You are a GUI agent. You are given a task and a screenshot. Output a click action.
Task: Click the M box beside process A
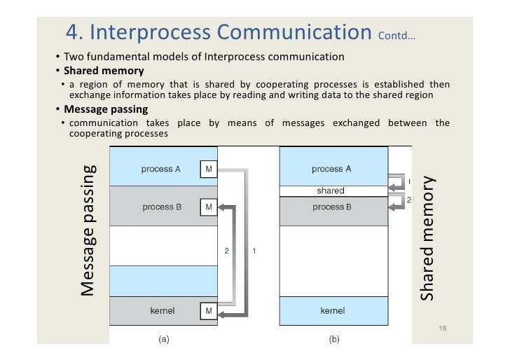point(209,169)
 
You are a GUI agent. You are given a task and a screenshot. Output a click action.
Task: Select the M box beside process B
point(209,207)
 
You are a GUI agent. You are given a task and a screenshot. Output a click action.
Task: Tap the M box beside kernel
point(209,310)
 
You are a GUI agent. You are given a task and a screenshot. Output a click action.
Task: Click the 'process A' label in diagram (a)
point(162,169)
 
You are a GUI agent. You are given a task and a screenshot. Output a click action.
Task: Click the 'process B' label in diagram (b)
point(332,207)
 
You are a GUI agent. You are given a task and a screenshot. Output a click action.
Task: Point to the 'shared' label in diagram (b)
point(331,191)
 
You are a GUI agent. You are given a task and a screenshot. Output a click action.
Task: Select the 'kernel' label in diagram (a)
point(163,310)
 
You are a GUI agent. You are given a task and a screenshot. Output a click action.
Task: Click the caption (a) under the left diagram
point(163,340)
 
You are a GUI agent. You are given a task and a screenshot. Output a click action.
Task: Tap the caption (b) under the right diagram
point(333,340)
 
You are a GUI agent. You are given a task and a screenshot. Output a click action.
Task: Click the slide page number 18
point(442,328)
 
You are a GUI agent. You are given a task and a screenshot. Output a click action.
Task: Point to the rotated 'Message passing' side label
point(87,230)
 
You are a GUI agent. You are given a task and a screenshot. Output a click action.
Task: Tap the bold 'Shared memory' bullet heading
point(104,71)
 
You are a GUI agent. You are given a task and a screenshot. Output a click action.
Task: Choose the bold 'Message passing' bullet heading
point(106,109)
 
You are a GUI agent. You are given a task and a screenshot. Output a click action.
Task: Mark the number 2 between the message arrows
point(226,251)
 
